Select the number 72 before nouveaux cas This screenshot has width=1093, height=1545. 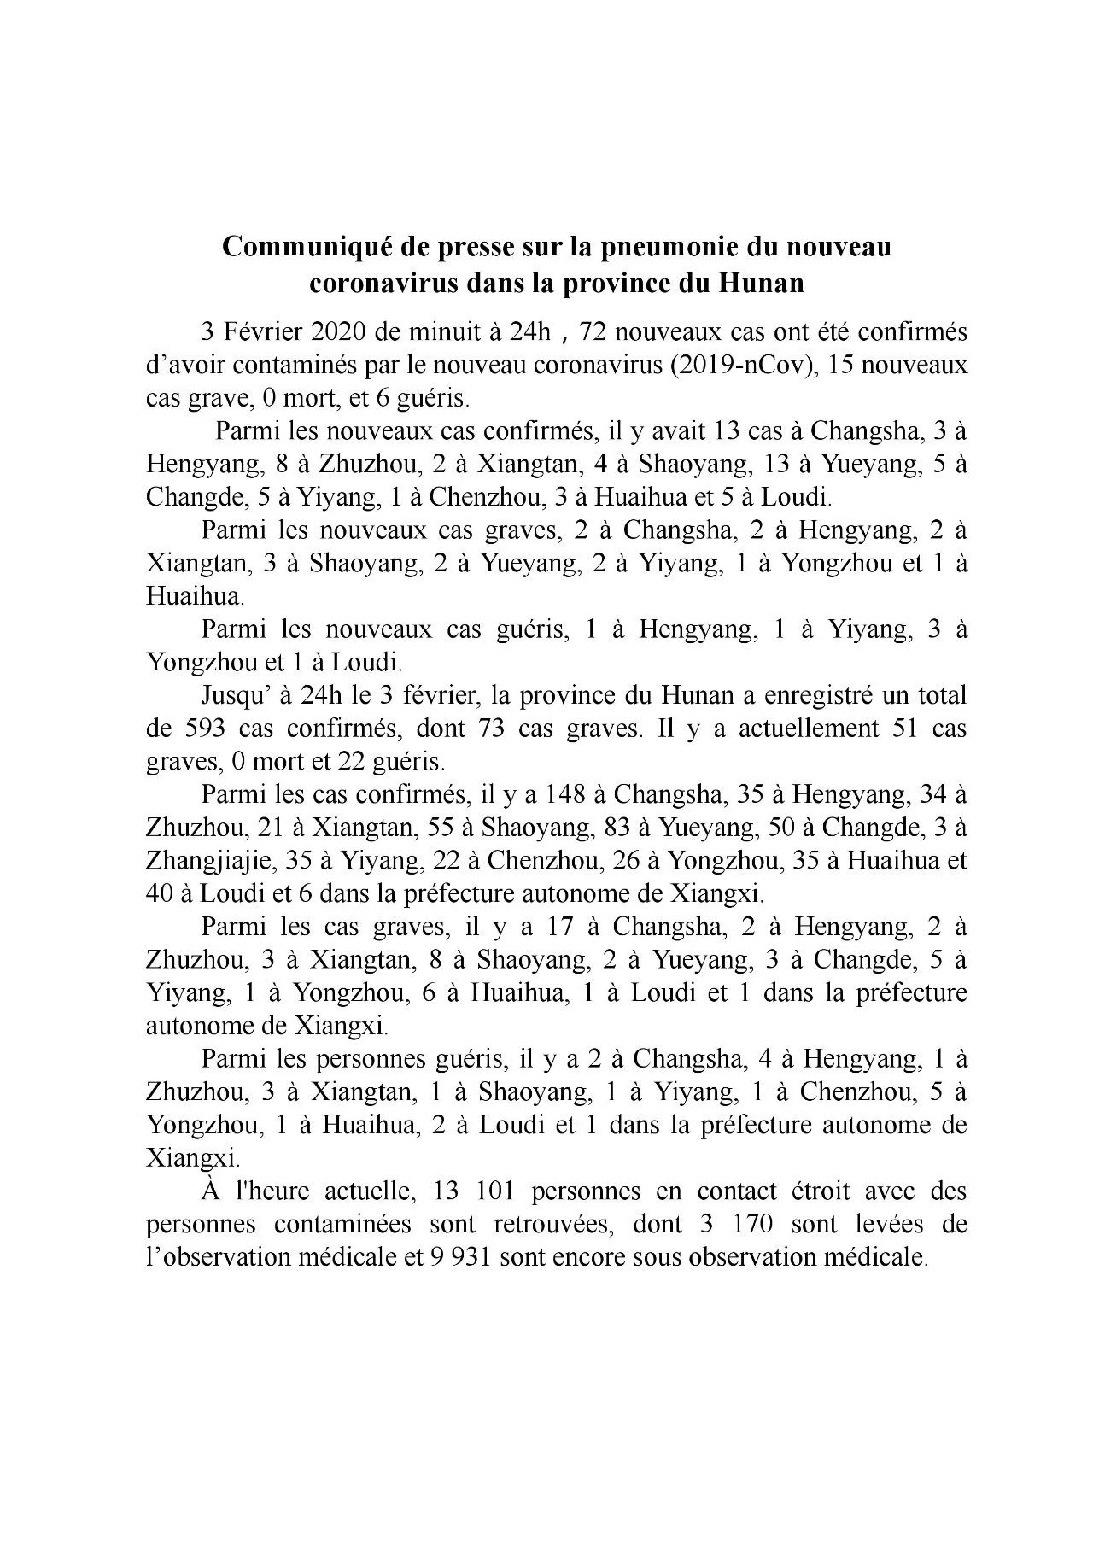[x=592, y=332]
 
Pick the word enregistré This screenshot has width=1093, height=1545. [x=819, y=695]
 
